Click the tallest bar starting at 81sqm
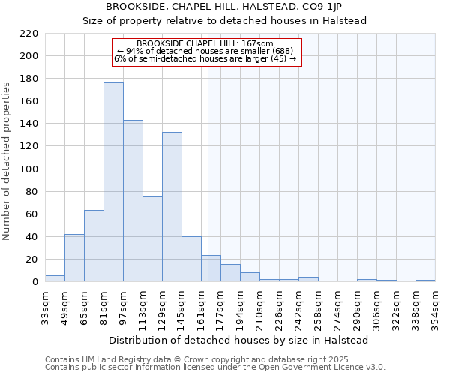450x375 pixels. (113, 181)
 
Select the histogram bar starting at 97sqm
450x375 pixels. (133, 200)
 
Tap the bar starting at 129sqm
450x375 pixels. (172, 206)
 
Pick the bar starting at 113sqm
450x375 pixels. (152, 238)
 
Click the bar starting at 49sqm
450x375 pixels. (74, 258)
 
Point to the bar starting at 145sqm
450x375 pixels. (191, 259)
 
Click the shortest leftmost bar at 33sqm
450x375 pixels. (55, 278)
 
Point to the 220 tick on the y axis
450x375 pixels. (29, 34)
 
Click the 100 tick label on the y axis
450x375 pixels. (29, 169)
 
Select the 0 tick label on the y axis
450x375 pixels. (34, 282)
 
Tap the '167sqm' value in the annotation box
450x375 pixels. (259, 43)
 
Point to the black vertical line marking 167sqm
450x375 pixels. (208, 172)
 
